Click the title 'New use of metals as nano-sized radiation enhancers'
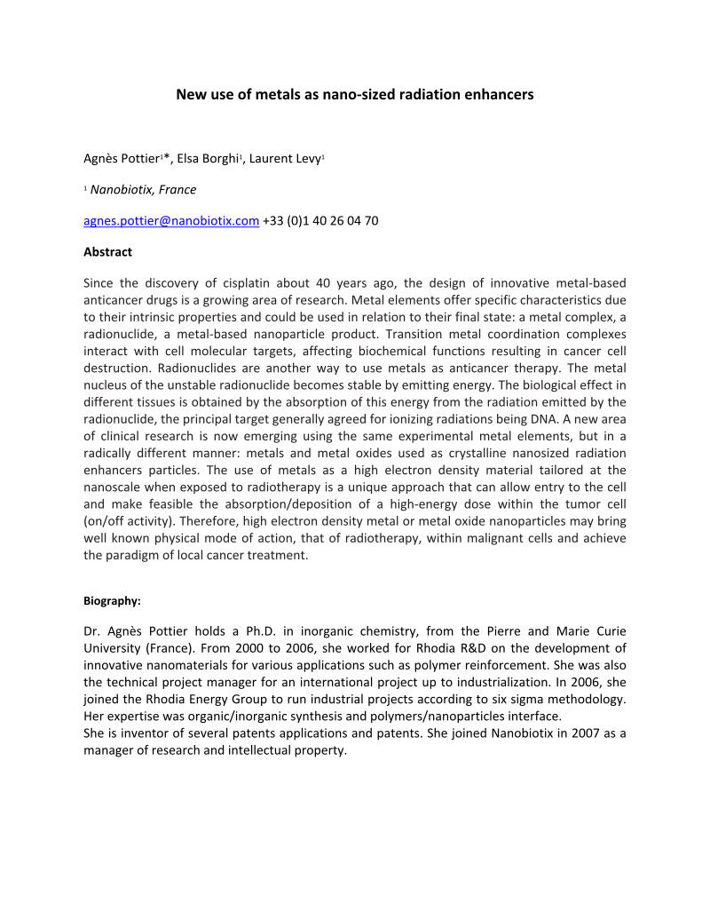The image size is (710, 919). coord(354,93)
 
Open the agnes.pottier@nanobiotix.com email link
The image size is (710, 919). coord(171,221)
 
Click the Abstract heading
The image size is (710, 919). coord(107,252)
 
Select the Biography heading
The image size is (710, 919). coord(112,601)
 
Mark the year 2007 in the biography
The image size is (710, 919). coord(574,733)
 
